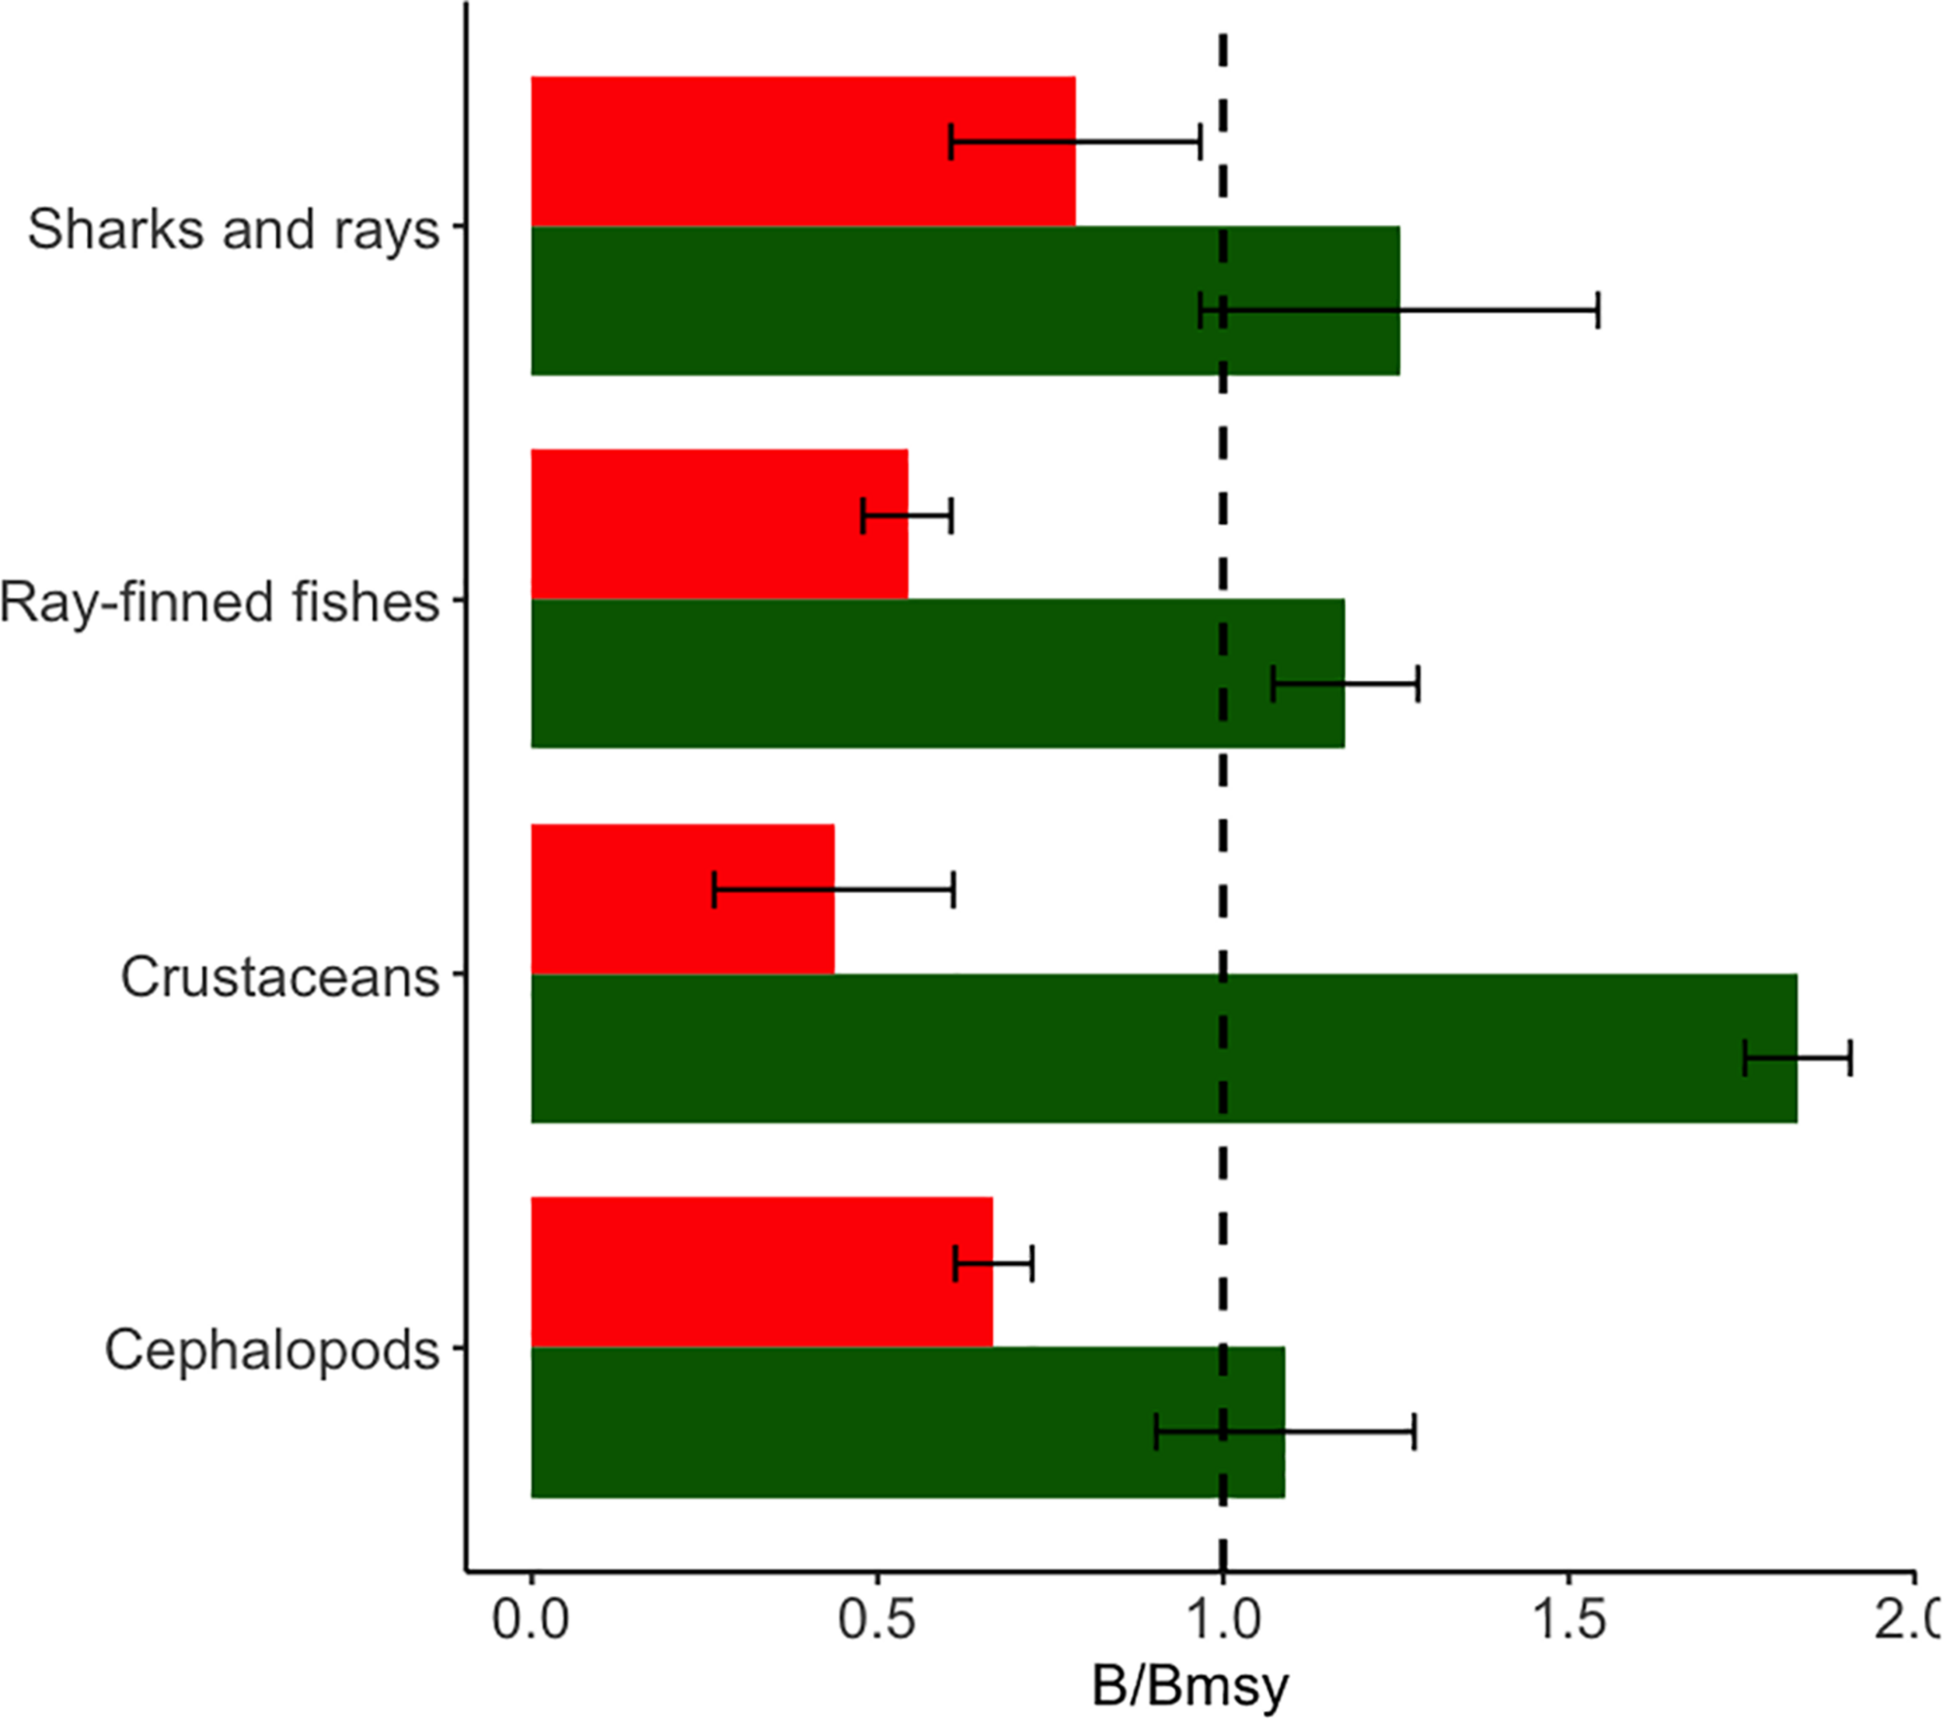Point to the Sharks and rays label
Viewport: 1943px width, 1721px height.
233,229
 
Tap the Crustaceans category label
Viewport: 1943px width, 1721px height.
280,976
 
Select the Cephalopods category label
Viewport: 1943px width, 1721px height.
272,1350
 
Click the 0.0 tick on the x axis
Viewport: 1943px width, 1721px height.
530,1619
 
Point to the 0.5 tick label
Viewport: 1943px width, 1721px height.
877,1619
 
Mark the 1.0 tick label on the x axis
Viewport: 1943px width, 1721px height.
1223,1619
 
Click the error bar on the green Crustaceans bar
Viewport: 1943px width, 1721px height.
1798,1058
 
